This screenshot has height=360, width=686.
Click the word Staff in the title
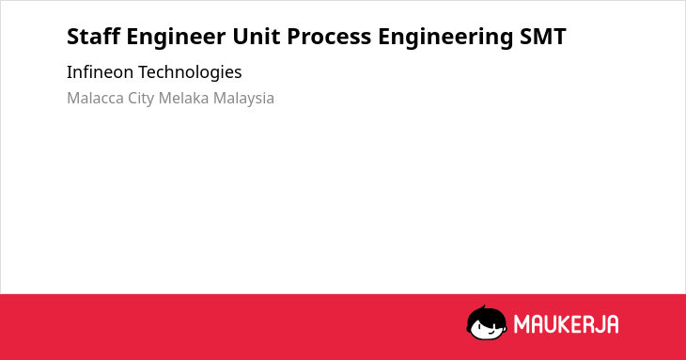click(94, 36)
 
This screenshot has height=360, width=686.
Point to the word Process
click(329, 37)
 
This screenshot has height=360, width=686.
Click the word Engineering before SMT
click(445, 38)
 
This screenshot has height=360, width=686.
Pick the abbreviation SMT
click(543, 37)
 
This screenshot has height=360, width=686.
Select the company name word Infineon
click(100, 71)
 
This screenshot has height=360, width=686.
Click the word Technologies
click(190, 72)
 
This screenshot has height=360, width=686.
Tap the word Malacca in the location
click(95, 98)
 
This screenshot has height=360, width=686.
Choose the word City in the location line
click(141, 99)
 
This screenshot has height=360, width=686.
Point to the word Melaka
click(184, 98)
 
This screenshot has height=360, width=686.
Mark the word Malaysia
click(243, 99)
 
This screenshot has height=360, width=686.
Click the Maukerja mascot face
click(487, 323)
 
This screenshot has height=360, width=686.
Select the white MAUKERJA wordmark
click(566, 324)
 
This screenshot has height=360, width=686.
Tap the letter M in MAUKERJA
click(521, 324)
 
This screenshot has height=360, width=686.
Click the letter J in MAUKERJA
click(598, 324)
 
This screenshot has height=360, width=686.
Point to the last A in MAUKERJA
click(613, 324)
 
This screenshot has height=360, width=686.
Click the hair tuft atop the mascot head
click(483, 307)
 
